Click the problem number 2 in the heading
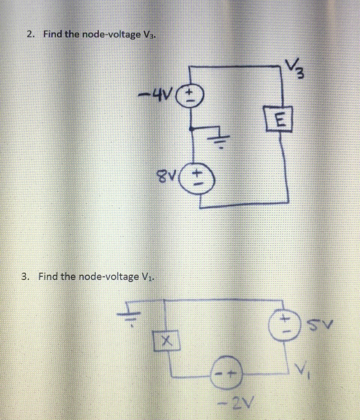pos(29,34)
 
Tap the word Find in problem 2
pos(52,34)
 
